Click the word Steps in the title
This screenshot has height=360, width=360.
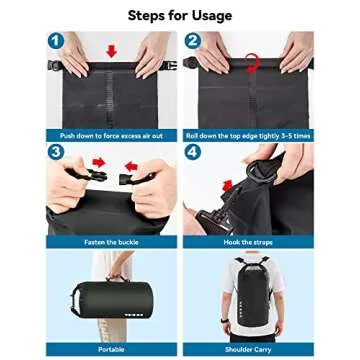tap(150, 15)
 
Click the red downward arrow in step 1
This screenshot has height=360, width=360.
tap(110, 50)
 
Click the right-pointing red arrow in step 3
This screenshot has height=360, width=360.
tap(101, 162)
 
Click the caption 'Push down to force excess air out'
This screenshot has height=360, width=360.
tap(110, 134)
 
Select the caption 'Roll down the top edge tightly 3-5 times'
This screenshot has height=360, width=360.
tap(248, 134)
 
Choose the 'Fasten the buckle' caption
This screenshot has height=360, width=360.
tap(110, 241)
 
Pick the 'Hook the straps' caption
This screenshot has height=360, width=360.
tap(248, 241)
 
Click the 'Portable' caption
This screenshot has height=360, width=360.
tap(110, 349)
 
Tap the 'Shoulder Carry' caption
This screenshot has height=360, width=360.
tap(248, 349)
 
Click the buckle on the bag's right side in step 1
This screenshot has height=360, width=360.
tap(169, 66)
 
